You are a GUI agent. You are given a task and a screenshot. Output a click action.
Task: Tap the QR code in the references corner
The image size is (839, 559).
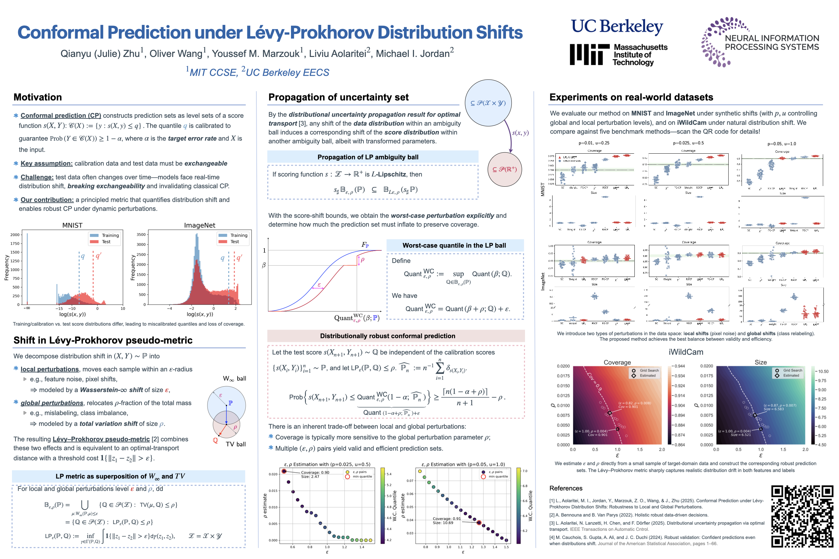(x=801, y=516)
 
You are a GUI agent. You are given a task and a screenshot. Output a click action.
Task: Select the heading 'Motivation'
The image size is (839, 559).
(x=38, y=97)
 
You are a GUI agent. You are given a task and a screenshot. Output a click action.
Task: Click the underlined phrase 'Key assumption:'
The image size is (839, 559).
(x=46, y=163)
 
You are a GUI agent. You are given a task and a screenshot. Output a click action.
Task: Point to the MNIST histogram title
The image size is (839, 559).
(x=72, y=225)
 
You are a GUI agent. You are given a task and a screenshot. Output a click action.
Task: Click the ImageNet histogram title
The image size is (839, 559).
(x=199, y=225)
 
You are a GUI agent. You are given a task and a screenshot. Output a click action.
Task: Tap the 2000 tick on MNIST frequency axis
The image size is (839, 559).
(x=15, y=235)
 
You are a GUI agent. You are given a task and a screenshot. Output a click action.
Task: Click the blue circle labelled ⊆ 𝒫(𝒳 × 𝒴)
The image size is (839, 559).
(x=488, y=103)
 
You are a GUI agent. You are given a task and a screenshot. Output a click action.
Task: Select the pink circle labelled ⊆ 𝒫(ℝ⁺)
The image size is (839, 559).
(x=504, y=169)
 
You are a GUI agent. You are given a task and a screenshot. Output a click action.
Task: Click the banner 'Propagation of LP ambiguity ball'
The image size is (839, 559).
(x=368, y=157)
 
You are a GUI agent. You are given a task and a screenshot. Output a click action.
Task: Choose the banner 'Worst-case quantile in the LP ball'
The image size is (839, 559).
(x=454, y=245)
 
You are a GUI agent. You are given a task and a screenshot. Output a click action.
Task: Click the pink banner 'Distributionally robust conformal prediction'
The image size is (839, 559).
(x=387, y=336)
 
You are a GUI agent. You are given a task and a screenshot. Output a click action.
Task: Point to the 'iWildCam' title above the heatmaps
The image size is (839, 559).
(x=686, y=352)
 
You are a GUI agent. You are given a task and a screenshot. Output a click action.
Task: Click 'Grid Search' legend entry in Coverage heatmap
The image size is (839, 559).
(x=649, y=370)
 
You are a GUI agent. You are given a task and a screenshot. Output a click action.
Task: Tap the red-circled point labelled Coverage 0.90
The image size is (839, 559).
(x=284, y=471)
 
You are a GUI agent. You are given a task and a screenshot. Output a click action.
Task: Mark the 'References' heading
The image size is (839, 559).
(x=565, y=488)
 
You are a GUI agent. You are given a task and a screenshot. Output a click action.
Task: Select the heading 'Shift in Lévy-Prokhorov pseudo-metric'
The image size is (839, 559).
(x=103, y=340)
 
